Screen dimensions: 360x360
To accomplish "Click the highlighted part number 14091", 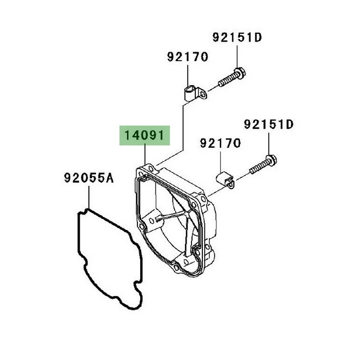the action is click(x=145, y=135).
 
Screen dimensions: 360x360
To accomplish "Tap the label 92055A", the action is click(x=89, y=178).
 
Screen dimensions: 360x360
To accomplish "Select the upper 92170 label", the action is click(x=188, y=57).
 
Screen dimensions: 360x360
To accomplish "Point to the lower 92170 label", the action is click(x=220, y=143).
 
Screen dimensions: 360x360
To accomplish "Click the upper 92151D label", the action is click(x=237, y=38).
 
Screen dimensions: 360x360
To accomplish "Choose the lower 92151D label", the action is click(x=268, y=124).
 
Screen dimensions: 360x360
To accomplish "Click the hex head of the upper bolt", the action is click(x=239, y=73).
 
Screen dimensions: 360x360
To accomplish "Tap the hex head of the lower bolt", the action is click(x=271, y=160).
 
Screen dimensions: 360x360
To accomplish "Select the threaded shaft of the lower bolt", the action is click(x=258, y=167).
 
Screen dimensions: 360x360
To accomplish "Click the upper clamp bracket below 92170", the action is click(x=196, y=93).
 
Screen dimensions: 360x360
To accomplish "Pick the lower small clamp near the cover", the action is click(x=225, y=181).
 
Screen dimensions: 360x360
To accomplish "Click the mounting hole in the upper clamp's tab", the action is click(x=202, y=94).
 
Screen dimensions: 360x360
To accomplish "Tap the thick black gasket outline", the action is click(x=110, y=259).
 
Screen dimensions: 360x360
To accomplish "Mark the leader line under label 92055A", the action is click(x=89, y=197).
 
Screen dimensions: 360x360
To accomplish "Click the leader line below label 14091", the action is click(x=145, y=154).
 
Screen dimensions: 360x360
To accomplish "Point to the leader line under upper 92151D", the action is click(x=237, y=56).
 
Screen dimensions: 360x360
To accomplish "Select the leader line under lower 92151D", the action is click(x=268, y=143).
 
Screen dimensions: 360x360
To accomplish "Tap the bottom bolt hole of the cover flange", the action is click(x=176, y=267).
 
